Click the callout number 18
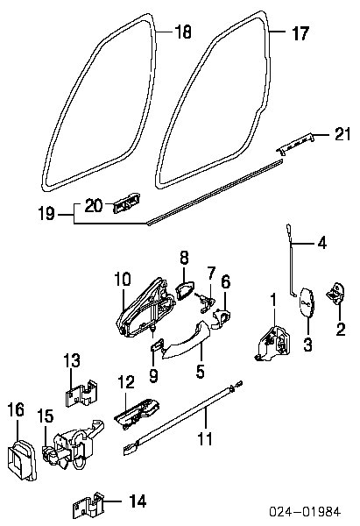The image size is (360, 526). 183,32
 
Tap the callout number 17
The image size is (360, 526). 300,33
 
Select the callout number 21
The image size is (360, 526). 342,134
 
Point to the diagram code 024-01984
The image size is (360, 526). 305,512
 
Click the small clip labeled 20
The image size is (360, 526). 126,203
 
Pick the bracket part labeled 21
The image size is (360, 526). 296,143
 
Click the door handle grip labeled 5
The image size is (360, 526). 185,341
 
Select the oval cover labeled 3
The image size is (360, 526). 307,302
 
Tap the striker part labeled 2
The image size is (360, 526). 335,294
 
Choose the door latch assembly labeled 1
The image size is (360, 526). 273,343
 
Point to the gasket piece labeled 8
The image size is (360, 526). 185,290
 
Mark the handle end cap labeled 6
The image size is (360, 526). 221,318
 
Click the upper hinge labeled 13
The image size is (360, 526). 81,393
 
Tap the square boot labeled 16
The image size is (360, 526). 21,458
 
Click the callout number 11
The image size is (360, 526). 205,439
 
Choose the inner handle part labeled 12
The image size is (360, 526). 138,415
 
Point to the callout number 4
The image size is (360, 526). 321,242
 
